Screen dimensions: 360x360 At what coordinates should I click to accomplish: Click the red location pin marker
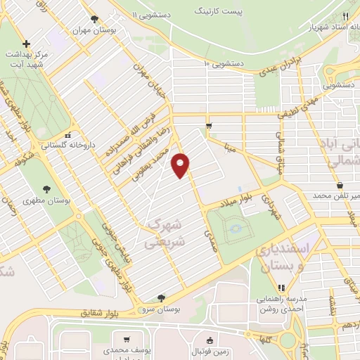tap(181, 164)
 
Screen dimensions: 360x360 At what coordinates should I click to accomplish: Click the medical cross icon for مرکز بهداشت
tap(26, 44)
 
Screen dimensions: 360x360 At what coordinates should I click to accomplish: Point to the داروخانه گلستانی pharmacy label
tap(44, 146)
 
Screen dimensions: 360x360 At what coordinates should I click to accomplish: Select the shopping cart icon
tap(209, 126)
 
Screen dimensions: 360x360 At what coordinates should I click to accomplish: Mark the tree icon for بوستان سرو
tap(162, 298)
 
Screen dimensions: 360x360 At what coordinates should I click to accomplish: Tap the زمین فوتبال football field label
tap(210, 350)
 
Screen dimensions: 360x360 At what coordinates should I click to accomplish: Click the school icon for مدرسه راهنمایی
tap(281, 287)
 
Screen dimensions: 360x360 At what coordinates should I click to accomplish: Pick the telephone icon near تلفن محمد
tap(340, 186)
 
